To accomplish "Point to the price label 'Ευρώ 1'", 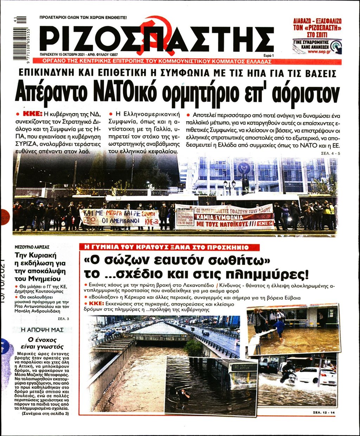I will [x=268, y=56].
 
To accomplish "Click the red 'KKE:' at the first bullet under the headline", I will [x=32, y=114].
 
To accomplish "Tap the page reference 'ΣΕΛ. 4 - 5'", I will [x=331, y=154].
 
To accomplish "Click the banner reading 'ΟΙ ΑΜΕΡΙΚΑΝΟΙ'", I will [x=120, y=221].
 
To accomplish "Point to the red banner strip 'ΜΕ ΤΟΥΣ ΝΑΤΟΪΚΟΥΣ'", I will [x=225, y=223].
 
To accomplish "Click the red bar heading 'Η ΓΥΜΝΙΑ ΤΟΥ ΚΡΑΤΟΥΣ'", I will [x=169, y=247].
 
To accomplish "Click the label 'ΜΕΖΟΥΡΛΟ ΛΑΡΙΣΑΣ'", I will [x=32, y=247].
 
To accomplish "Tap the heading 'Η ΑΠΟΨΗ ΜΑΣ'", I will [x=42, y=330].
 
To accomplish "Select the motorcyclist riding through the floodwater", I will [x=288, y=373].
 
